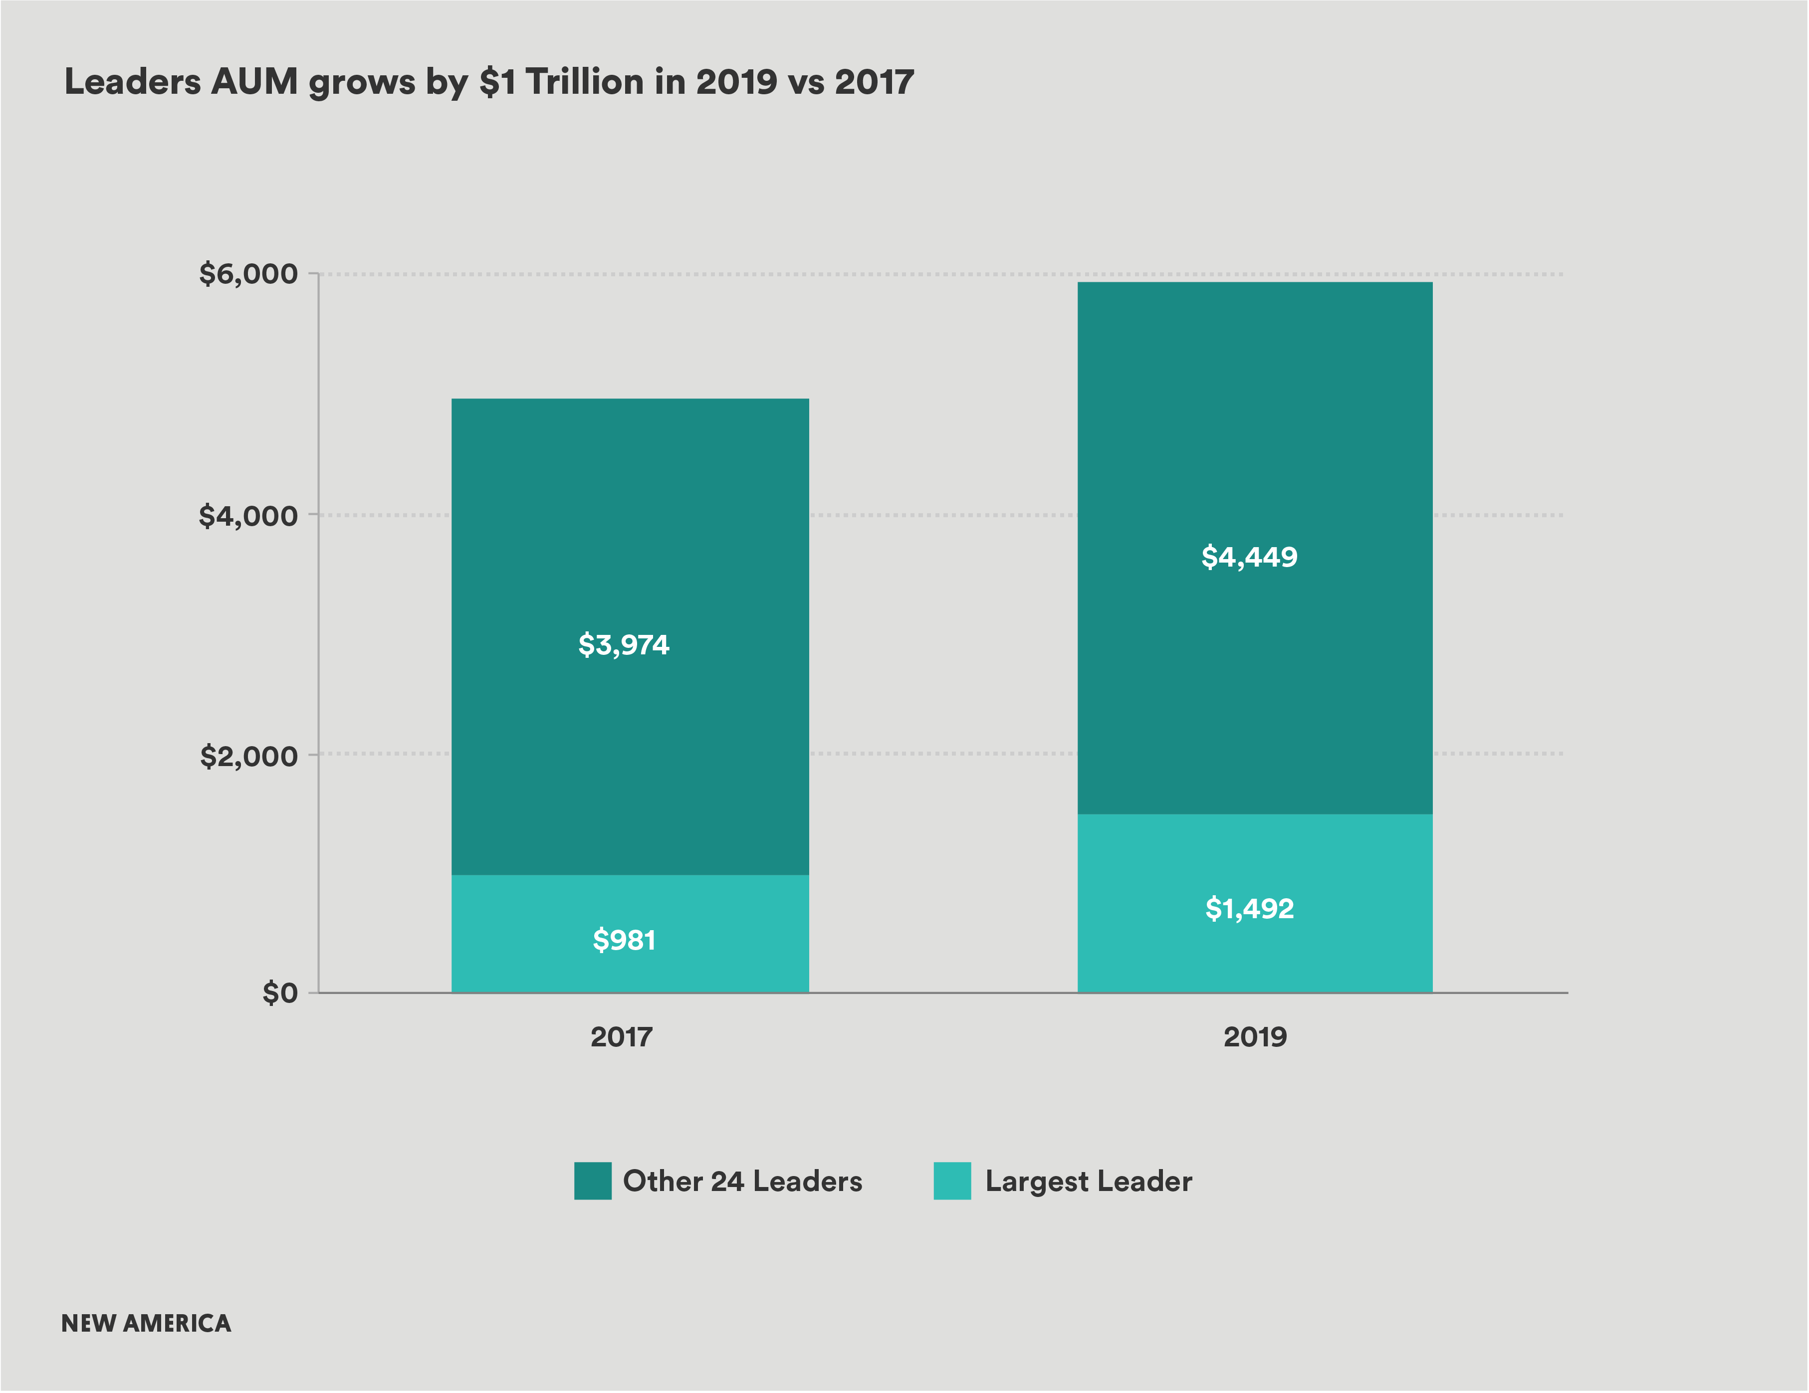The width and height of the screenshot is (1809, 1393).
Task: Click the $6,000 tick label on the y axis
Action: (247, 274)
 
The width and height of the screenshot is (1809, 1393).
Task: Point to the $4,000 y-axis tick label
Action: (247, 516)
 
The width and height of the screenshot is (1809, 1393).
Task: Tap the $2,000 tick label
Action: (248, 755)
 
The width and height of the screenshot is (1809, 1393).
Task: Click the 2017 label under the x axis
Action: (621, 1037)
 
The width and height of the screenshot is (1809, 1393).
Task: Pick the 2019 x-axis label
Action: (1255, 1037)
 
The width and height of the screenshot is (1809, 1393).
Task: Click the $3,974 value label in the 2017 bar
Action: (624, 644)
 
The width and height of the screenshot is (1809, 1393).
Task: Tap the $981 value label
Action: (624, 940)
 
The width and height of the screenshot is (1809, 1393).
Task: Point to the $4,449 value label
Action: (1249, 557)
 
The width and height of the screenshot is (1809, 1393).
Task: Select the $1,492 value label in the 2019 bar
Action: (1249, 909)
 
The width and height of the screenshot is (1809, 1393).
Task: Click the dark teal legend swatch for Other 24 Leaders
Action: (592, 1181)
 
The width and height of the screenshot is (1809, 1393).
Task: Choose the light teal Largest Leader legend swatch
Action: (952, 1181)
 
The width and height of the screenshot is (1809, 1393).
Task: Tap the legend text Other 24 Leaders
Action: (742, 1181)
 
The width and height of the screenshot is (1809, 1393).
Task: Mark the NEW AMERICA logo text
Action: (146, 1324)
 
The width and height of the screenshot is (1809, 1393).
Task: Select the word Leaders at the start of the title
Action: (133, 82)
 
